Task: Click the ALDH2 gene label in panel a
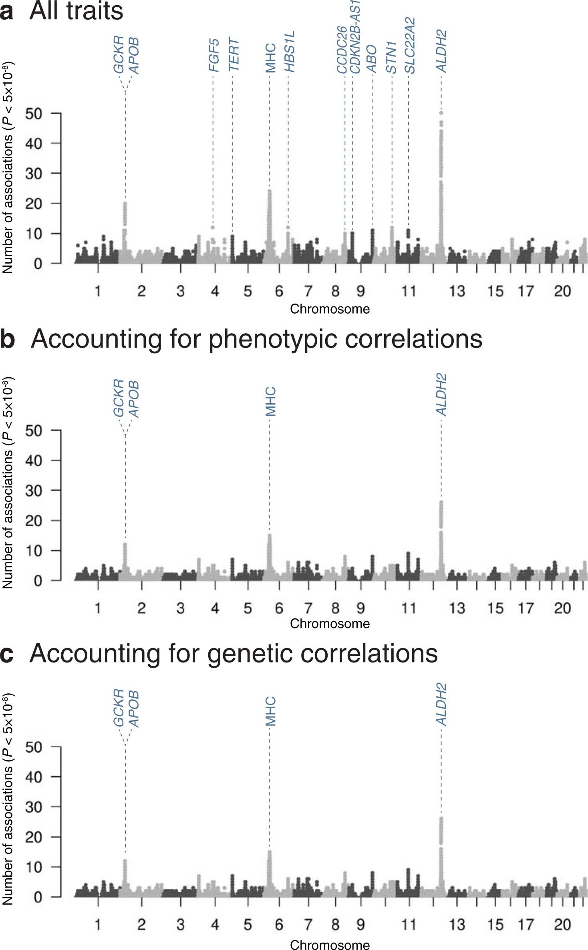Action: (x=441, y=51)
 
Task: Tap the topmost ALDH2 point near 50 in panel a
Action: (x=441, y=113)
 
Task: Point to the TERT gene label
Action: (x=233, y=55)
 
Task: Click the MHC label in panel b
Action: (x=271, y=401)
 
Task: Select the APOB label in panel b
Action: (x=134, y=399)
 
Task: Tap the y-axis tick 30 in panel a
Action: (x=34, y=173)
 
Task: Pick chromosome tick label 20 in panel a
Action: (x=562, y=291)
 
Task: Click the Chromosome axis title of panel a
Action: (x=330, y=309)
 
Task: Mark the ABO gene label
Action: (x=372, y=58)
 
